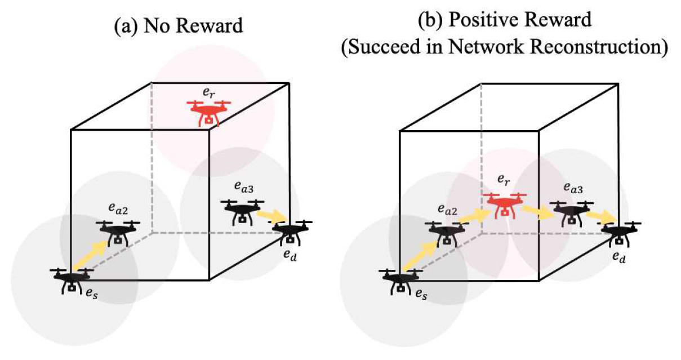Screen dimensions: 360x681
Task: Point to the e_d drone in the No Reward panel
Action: click(x=292, y=232)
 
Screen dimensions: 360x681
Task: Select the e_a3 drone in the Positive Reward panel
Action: click(x=572, y=213)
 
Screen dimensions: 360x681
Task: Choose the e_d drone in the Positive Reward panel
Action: click(x=620, y=232)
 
